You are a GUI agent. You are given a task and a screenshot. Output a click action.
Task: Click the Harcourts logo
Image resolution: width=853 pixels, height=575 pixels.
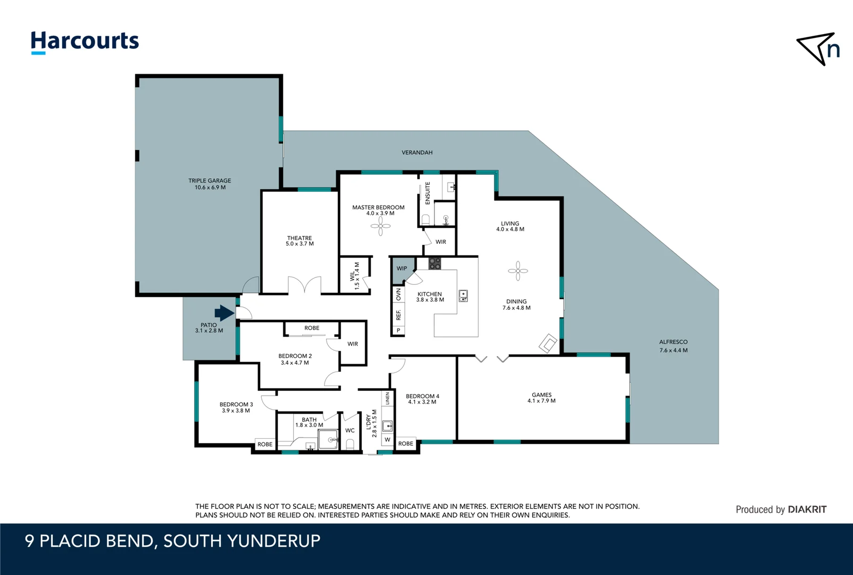tap(85, 42)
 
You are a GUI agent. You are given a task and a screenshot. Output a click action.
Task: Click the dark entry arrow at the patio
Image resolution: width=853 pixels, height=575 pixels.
tap(224, 313)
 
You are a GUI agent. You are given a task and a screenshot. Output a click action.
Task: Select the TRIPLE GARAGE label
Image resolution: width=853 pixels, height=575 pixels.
tap(210, 180)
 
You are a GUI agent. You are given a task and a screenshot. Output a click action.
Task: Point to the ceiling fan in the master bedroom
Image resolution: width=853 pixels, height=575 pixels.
tap(380, 226)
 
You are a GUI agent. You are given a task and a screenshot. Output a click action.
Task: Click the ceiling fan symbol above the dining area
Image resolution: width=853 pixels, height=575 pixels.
tap(518, 270)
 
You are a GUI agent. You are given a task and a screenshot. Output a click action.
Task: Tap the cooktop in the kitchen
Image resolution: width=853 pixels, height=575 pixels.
tap(435, 263)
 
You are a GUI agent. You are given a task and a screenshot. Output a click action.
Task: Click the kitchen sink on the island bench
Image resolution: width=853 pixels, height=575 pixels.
tap(463, 295)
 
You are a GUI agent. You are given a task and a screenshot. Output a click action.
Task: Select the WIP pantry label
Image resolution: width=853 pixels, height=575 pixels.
tap(402, 268)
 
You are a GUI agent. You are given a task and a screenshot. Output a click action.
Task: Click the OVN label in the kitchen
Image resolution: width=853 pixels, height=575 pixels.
tap(398, 294)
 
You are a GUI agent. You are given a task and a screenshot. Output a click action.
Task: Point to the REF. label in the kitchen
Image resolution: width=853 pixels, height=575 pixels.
tap(398, 315)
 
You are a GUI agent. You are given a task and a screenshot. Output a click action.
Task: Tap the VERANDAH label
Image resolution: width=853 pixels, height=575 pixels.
tap(417, 153)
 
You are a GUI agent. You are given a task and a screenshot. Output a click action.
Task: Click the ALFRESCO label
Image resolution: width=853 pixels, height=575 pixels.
tap(673, 342)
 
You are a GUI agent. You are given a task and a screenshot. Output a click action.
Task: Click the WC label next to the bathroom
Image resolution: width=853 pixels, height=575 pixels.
tap(350, 430)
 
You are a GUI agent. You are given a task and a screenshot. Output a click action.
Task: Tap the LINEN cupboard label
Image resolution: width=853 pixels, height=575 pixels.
tap(387, 398)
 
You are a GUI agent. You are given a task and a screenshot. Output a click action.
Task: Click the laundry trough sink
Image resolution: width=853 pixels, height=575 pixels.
tap(387, 425)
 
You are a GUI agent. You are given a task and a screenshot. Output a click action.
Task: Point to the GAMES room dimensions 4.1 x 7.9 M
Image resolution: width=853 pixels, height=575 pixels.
tap(541, 401)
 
